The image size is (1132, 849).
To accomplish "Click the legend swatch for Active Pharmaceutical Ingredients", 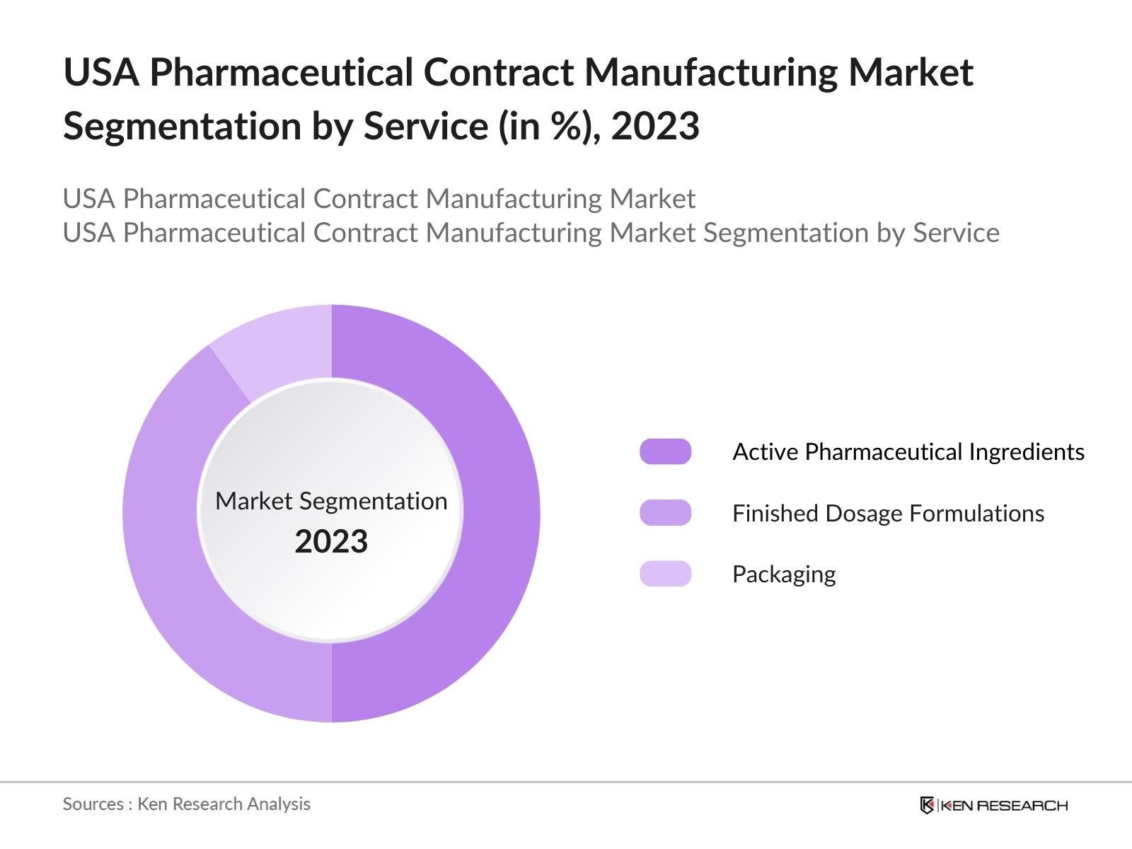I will point(665,451).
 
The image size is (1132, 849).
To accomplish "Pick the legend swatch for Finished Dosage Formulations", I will point(665,513).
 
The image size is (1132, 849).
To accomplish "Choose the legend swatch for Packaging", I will point(665,574).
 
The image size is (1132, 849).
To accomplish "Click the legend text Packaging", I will point(783,574).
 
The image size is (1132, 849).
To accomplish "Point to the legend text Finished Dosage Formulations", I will point(888,513).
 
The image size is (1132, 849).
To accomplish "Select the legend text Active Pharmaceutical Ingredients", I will point(908,451).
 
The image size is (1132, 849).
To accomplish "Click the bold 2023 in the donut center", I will point(331,542).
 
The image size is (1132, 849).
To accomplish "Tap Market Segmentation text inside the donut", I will point(331,501).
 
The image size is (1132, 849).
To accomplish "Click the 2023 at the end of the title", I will point(655,127).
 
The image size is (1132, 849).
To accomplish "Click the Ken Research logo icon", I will point(927,805).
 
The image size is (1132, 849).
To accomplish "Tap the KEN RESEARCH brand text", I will point(1005,805).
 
